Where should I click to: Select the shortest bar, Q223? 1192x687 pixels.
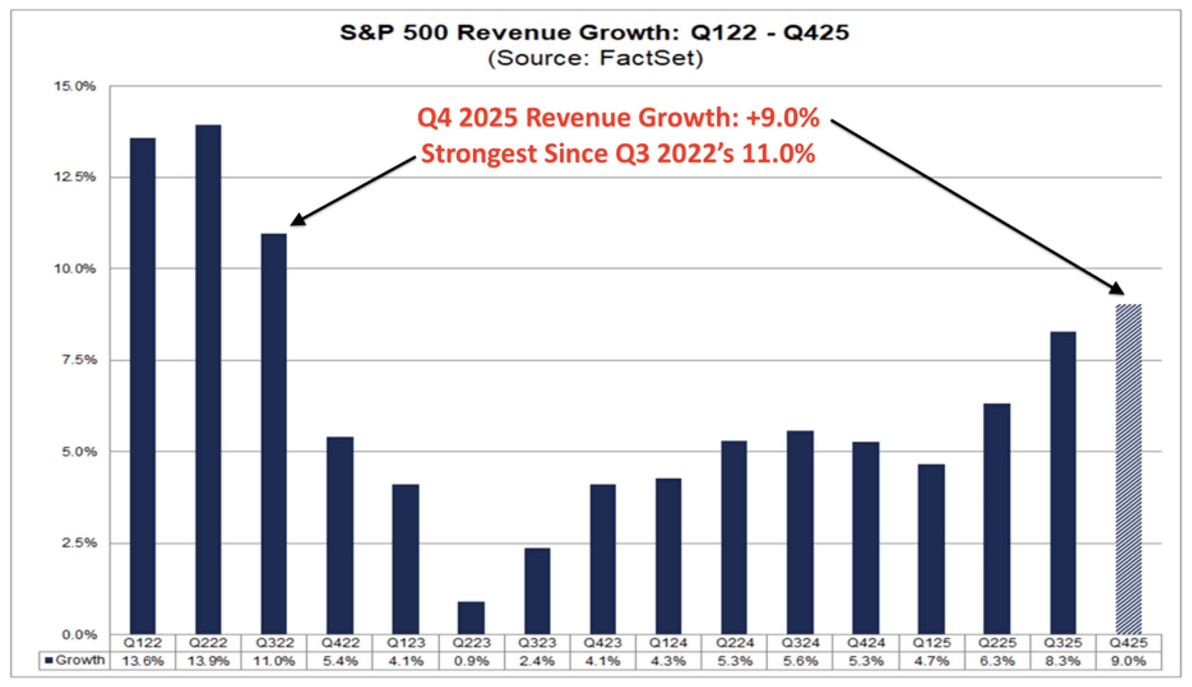[471, 618]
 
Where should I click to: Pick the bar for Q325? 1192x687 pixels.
[1063, 483]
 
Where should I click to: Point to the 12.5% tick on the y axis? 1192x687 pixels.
[75, 177]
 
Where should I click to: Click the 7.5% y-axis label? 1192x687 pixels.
[79, 360]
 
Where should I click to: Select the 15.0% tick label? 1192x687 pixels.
[75, 86]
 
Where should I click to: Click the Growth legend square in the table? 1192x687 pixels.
[48, 660]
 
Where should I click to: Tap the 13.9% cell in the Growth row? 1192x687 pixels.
[208, 661]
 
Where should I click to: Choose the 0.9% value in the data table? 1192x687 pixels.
[471, 661]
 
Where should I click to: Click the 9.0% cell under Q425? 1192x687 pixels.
[1129, 661]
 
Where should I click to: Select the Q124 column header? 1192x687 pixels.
[668, 643]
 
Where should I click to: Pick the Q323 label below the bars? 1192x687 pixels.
[537, 643]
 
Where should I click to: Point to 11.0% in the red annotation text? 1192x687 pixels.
[778, 154]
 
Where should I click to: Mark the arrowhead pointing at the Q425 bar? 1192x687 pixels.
[1118, 289]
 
